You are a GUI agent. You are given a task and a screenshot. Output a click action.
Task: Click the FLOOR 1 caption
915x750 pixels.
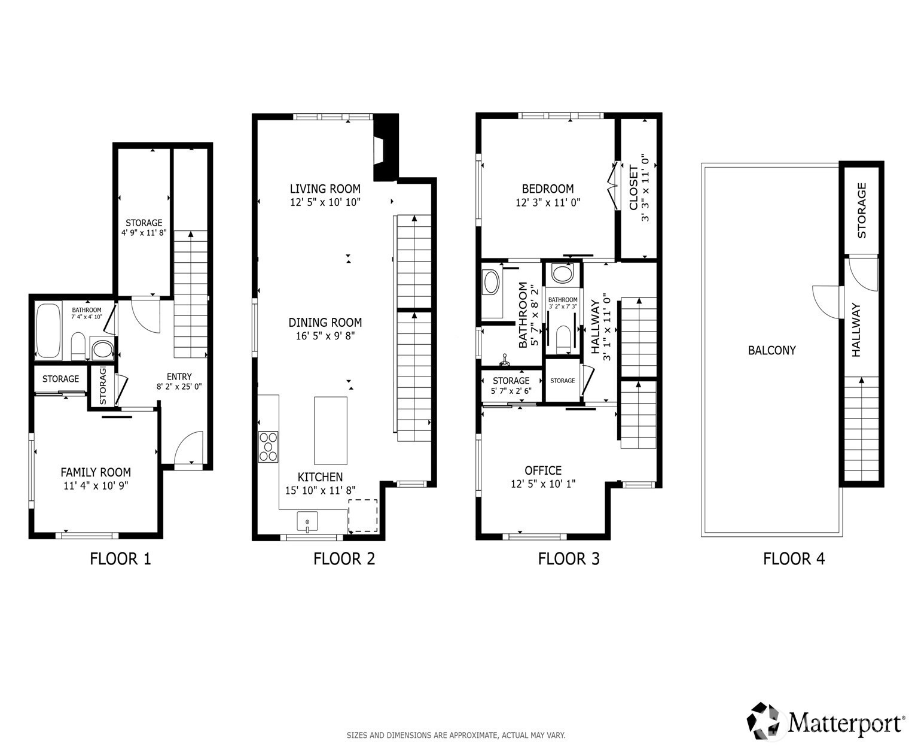pyautogui.click(x=120, y=558)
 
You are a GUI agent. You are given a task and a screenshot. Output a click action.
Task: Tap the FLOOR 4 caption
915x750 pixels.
pyautogui.click(x=794, y=558)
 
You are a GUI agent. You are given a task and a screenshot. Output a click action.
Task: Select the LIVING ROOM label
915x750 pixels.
pyautogui.click(x=325, y=189)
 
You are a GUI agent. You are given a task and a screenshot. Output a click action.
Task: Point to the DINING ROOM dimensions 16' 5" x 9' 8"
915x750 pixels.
pyautogui.click(x=325, y=336)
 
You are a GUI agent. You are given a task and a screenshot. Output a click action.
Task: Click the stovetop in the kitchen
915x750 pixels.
pyautogui.click(x=268, y=447)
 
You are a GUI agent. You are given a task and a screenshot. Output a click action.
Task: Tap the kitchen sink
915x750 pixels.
pyautogui.click(x=307, y=521)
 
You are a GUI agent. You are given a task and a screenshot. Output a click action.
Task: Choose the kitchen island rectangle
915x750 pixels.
pyautogui.click(x=331, y=430)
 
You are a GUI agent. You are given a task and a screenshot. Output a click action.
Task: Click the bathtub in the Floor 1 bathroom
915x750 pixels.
pyautogui.click(x=48, y=331)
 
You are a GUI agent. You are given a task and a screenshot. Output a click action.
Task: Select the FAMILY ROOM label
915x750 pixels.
pyautogui.click(x=96, y=472)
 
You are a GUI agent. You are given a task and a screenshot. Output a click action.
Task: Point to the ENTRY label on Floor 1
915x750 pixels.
pyautogui.click(x=179, y=376)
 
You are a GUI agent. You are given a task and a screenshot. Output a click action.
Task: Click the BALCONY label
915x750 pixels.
pyautogui.click(x=772, y=350)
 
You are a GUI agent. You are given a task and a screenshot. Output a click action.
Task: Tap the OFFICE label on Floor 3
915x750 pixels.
pyautogui.click(x=543, y=470)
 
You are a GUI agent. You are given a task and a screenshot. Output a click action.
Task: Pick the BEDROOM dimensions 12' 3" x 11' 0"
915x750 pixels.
pyautogui.click(x=548, y=202)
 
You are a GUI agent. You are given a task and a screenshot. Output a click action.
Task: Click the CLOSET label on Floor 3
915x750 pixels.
pyautogui.click(x=633, y=187)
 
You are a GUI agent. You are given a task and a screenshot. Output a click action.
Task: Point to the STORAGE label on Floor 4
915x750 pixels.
pyautogui.click(x=862, y=210)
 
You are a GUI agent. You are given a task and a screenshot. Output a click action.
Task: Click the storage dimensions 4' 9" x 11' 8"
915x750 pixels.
pyautogui.click(x=144, y=233)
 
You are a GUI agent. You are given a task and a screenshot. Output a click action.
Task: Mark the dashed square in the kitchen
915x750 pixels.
pyautogui.click(x=363, y=516)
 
